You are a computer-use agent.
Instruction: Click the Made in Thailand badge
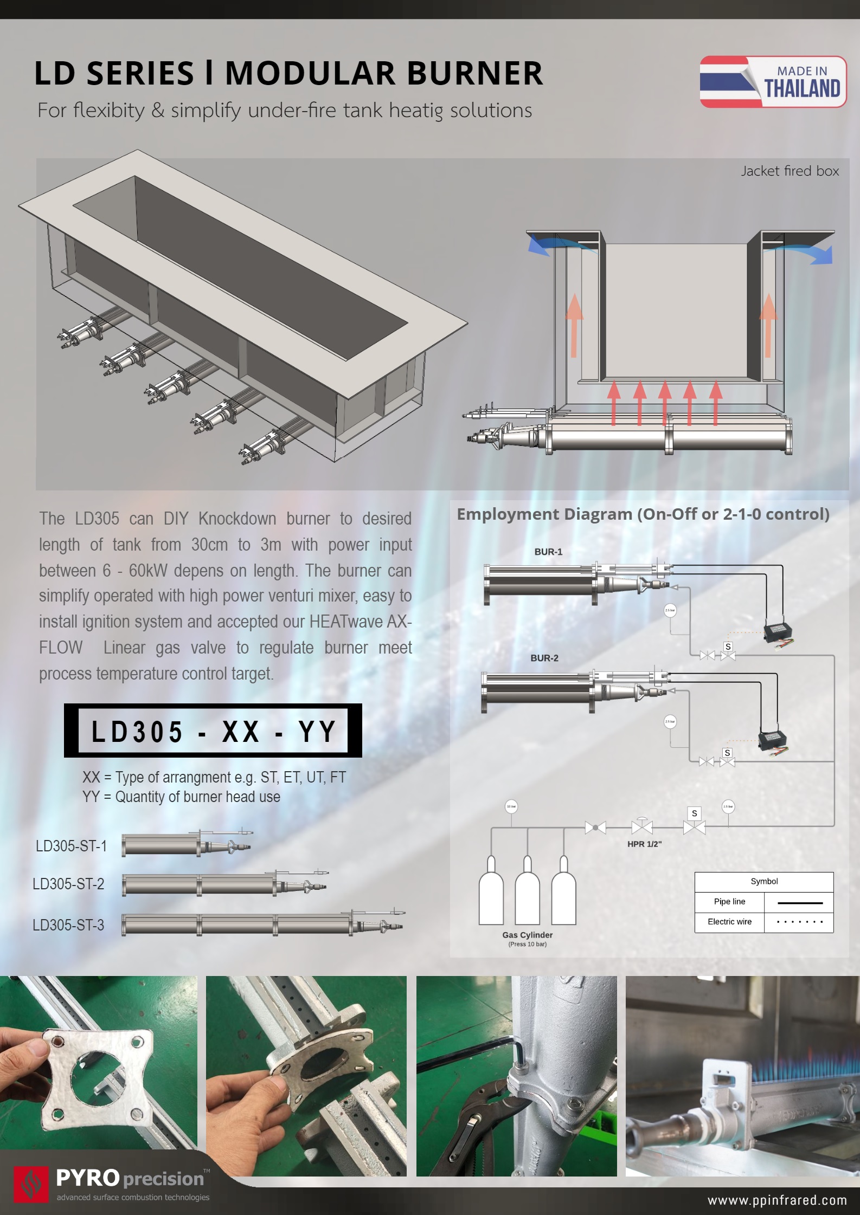(773, 82)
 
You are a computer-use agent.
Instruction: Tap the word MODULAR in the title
(310, 73)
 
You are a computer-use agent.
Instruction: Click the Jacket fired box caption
(790, 171)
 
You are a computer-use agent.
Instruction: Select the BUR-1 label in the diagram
(548, 552)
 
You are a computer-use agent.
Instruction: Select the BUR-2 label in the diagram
(544, 658)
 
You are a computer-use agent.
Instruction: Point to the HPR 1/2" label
(644, 844)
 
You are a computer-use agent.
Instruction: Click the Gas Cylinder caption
(527, 935)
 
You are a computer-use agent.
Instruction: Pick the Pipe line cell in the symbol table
(729, 902)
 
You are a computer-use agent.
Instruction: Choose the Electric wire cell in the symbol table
(729, 922)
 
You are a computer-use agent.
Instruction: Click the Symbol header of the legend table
(764, 882)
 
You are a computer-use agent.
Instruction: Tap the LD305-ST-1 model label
(71, 846)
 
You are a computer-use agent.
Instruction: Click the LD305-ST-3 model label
(68, 925)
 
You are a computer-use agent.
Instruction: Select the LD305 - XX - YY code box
(213, 731)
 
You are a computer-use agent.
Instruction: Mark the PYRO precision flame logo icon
(31, 1184)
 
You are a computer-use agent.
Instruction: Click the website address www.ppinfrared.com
(777, 1200)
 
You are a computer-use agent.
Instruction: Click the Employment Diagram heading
(643, 514)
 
